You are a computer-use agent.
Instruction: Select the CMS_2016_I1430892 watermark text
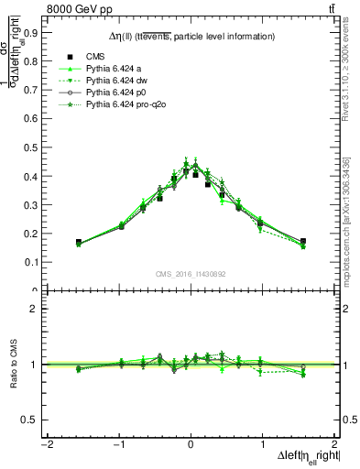click(191, 274)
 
